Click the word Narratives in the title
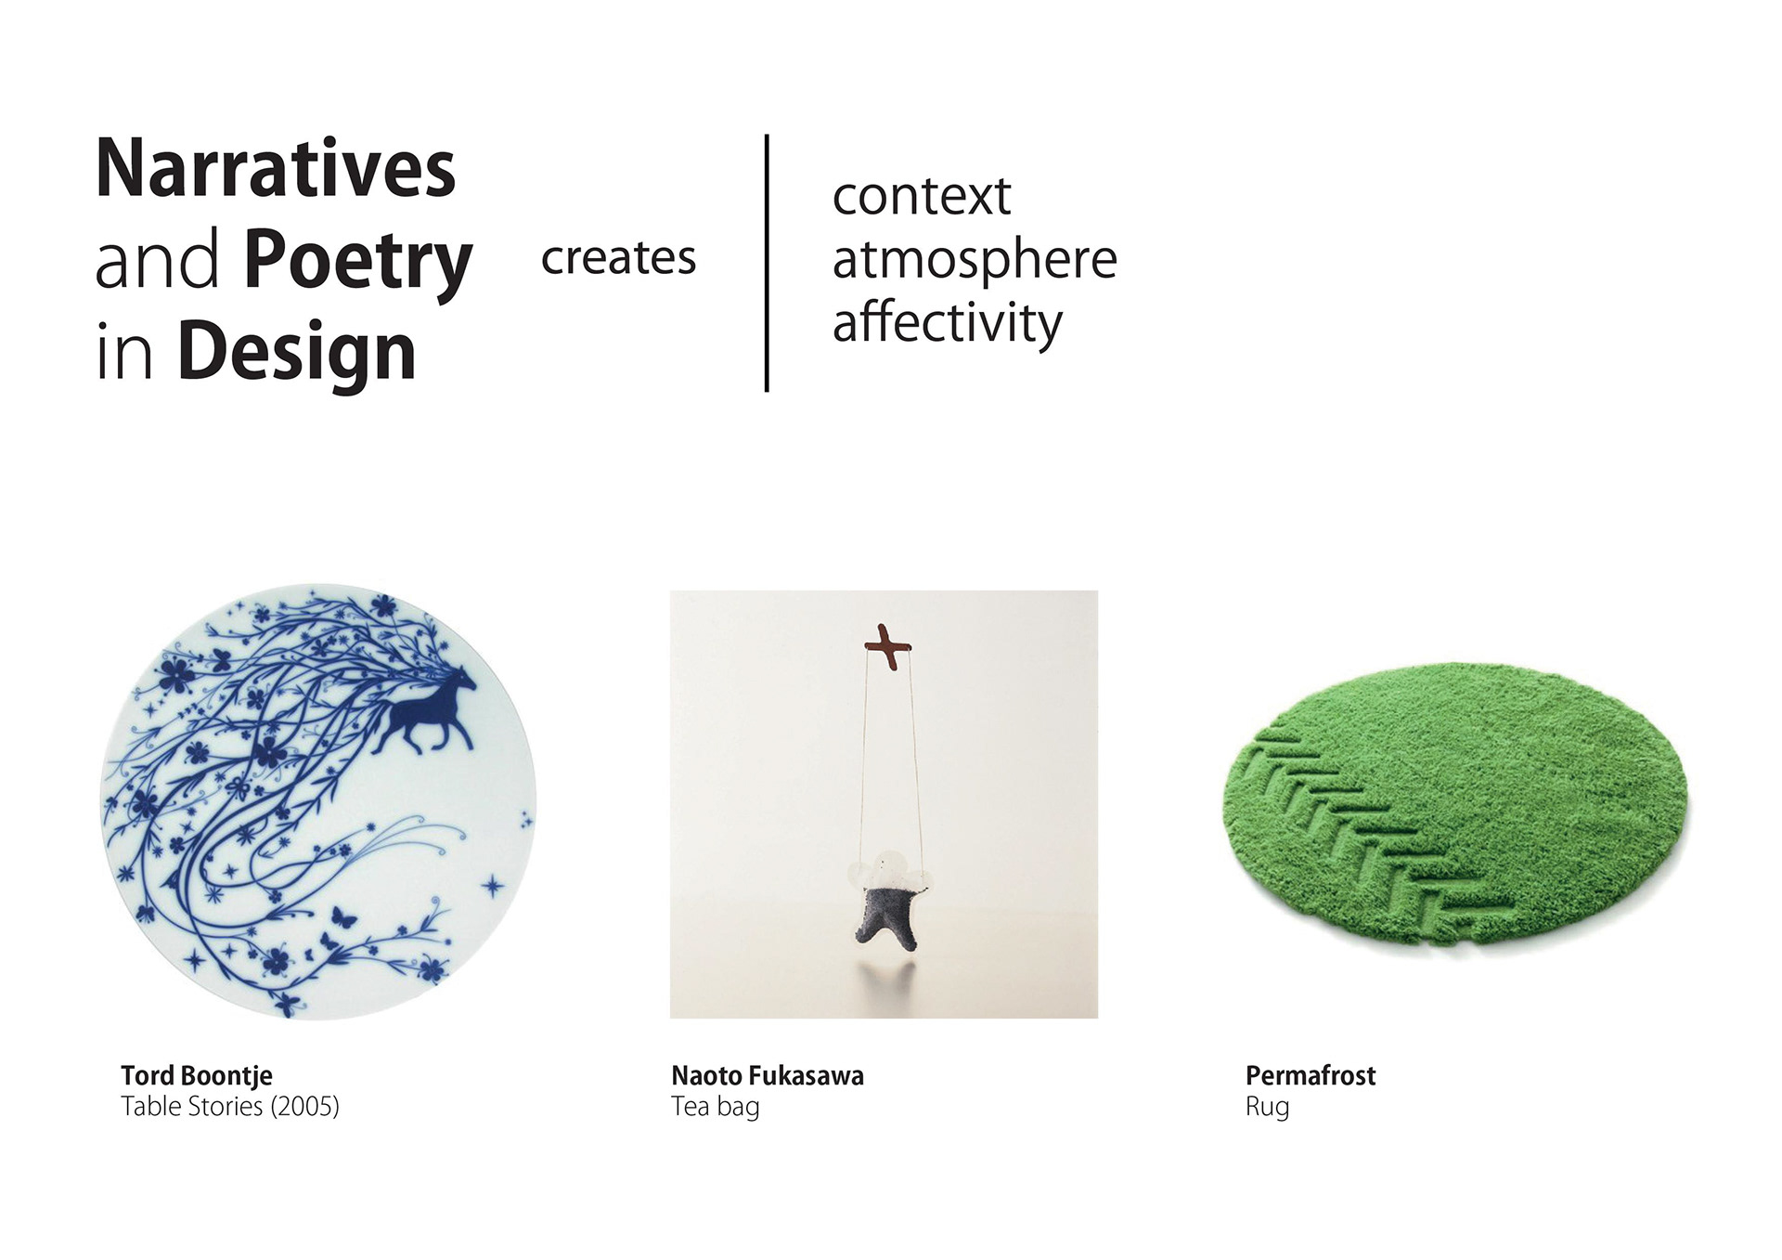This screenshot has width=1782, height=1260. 276,168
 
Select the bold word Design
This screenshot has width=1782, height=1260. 296,353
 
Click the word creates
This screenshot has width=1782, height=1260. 618,258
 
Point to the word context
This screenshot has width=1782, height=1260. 921,197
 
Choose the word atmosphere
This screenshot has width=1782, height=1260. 975,259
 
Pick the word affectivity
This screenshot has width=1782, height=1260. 947,324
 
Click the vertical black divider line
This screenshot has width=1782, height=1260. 767,263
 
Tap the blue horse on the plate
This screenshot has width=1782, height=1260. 426,710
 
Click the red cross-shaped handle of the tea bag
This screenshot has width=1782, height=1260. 887,646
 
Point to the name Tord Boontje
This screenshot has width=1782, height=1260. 197,1076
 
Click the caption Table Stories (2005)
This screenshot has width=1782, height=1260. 230,1107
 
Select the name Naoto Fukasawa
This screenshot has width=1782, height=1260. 768,1076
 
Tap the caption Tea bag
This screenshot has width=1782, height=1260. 716,1108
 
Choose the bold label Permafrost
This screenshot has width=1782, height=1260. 1311,1076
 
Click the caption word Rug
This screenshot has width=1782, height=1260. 1268,1108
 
